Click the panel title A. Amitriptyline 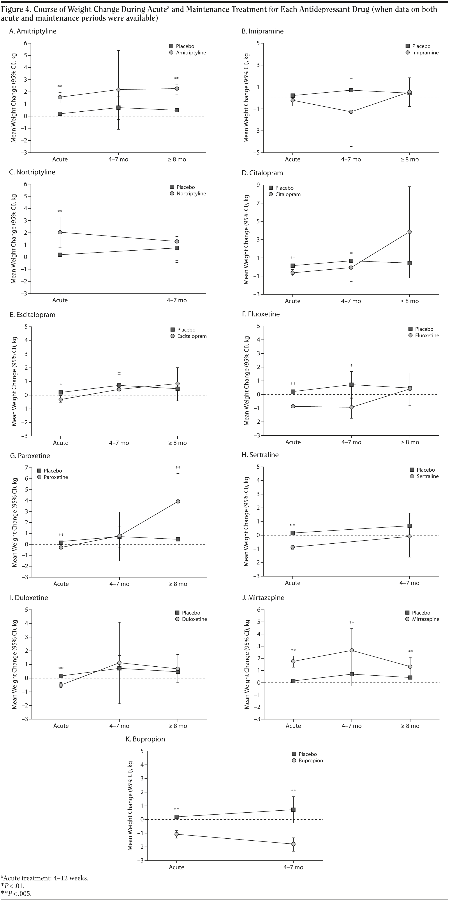pos(33,31)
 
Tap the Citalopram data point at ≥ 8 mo pos(409,232)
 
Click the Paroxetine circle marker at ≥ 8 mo pos(178,501)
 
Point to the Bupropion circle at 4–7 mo pos(293,844)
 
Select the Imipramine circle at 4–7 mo pos(351,112)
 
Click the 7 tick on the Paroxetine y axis pos(26,468)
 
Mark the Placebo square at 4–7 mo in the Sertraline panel pos(409,526)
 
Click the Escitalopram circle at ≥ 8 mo pos(177,384)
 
